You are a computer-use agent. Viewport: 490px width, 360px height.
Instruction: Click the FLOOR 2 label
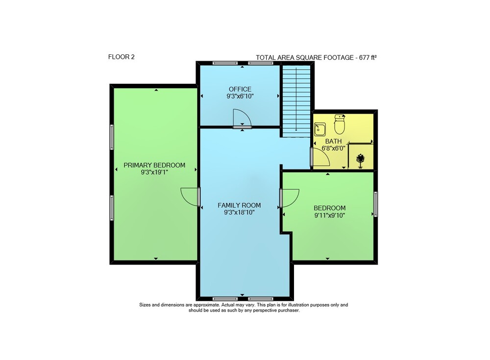[121, 57]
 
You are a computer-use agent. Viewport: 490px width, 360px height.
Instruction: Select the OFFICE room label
[240, 89]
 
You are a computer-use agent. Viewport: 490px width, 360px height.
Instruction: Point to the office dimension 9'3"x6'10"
[240, 96]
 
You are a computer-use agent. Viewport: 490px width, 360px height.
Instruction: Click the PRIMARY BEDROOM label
[154, 165]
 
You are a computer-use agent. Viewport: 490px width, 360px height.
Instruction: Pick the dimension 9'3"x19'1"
[154, 172]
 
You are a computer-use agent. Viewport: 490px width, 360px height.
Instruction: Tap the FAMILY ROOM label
[240, 205]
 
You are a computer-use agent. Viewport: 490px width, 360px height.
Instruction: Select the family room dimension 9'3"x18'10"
[240, 213]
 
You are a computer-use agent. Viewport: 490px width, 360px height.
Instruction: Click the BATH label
[333, 141]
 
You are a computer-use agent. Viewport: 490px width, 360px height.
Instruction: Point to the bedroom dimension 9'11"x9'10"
[330, 216]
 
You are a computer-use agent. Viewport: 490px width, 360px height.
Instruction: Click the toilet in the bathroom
[340, 124]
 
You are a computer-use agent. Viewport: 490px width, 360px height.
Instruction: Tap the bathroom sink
[320, 129]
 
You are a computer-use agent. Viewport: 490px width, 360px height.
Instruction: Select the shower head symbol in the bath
[361, 159]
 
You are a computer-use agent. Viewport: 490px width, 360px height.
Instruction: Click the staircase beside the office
[296, 101]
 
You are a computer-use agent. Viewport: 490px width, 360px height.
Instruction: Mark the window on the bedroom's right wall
[376, 204]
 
